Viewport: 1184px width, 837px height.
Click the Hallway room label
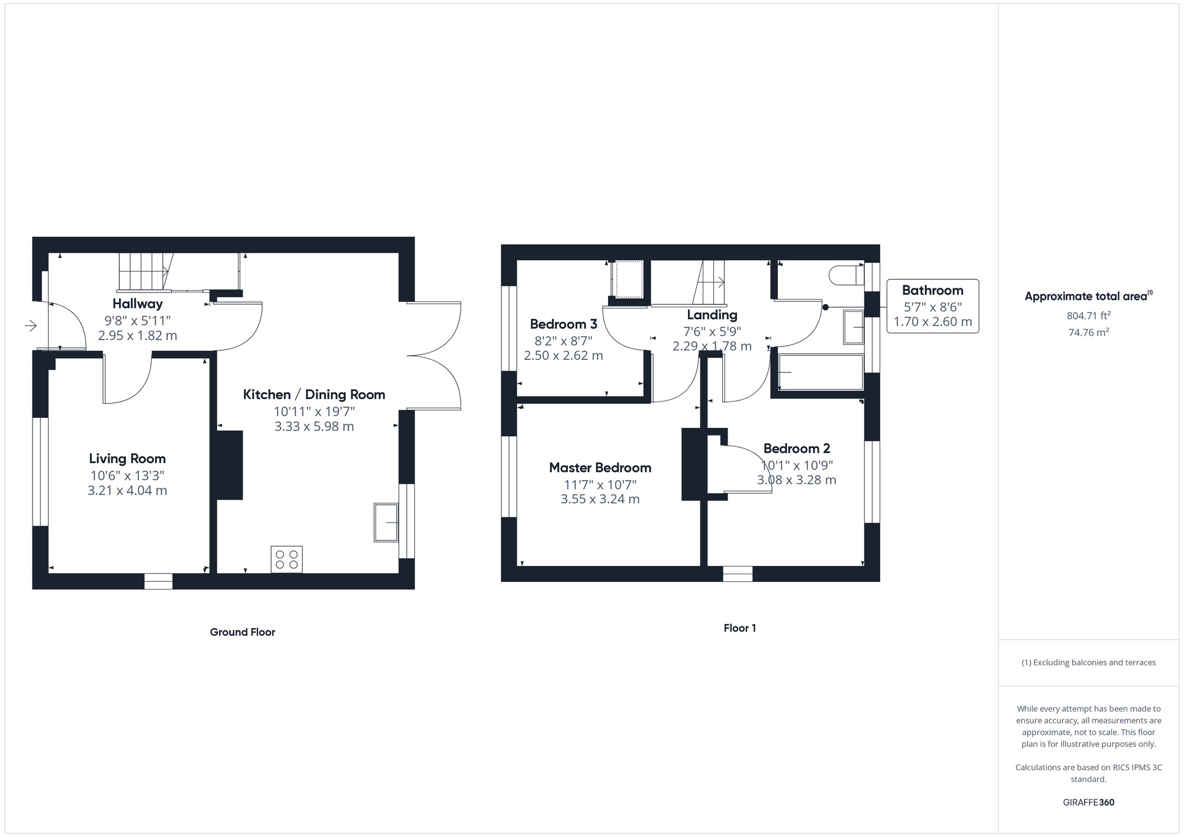tap(137, 304)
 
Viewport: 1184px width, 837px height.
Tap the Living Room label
tap(127, 459)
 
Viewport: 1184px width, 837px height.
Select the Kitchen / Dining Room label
tap(314, 395)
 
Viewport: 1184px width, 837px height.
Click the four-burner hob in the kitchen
tap(287, 559)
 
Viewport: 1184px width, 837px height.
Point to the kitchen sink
tap(386, 523)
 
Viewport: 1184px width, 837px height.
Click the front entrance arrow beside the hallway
tap(31, 325)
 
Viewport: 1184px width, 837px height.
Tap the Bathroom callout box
tap(932, 306)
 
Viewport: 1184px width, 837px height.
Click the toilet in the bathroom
tap(847, 275)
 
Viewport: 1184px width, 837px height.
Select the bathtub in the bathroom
tap(821, 372)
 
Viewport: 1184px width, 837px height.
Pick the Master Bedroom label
tap(600, 468)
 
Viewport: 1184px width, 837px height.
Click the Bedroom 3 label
tap(564, 324)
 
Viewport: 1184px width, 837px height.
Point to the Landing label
tap(712, 315)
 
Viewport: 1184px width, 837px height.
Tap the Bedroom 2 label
tap(797, 449)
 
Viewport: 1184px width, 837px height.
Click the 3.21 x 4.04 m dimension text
tap(127, 491)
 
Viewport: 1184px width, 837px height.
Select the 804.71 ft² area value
tap(1089, 316)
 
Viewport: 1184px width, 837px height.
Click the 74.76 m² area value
tap(1089, 333)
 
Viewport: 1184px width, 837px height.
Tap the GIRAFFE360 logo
tap(1089, 803)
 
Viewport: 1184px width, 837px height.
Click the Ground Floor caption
tap(243, 632)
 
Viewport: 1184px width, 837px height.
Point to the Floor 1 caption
tap(740, 628)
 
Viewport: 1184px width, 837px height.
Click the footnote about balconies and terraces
tap(1089, 662)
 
